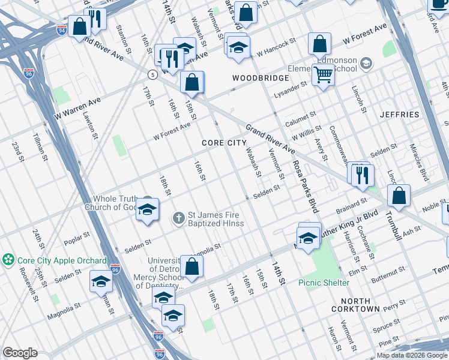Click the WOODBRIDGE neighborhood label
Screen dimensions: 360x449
pos(256,79)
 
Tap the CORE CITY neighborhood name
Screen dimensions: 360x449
pos(224,143)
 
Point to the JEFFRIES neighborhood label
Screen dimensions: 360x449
pos(399,114)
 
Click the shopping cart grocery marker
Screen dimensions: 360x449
pos(323,75)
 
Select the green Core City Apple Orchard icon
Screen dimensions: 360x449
pos(8,260)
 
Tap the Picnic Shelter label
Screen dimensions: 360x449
pos(325,283)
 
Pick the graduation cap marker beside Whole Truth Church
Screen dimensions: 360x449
pos(147,210)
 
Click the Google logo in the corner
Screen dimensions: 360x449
pos(20,353)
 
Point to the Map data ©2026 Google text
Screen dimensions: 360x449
pos(411,355)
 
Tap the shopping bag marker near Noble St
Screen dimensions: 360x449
pos(399,196)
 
